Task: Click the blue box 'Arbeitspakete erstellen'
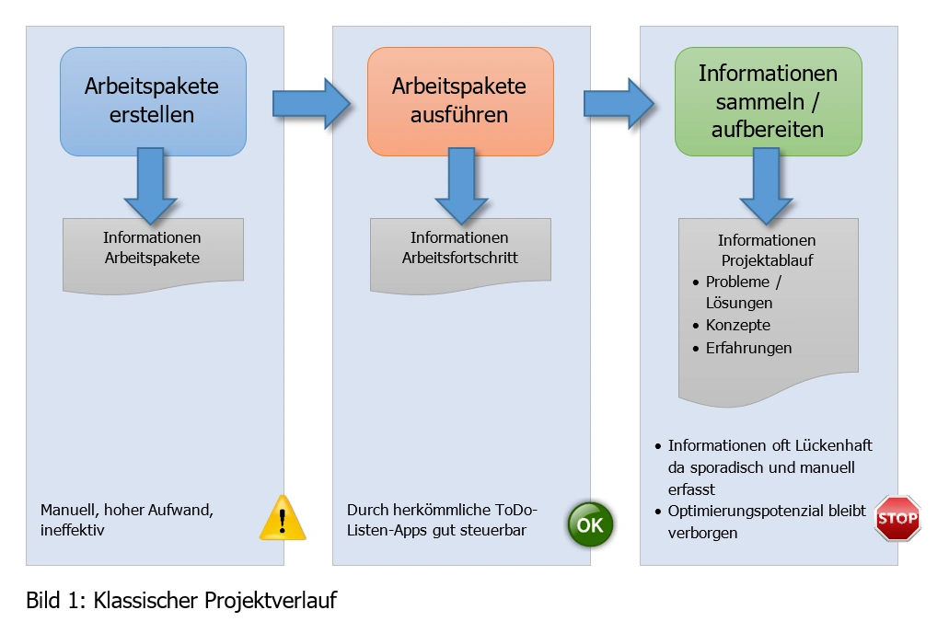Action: pyautogui.click(x=153, y=101)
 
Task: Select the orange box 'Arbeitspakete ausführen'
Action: pyautogui.click(x=460, y=101)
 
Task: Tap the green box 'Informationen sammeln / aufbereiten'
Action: pyautogui.click(x=768, y=101)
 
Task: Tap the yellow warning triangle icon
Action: pyautogui.click(x=283, y=517)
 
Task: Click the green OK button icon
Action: pyautogui.click(x=589, y=525)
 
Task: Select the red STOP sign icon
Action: pyautogui.click(x=897, y=518)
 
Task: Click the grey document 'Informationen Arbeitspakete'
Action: pyautogui.click(x=153, y=250)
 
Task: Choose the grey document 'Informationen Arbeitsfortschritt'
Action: pyautogui.click(x=460, y=250)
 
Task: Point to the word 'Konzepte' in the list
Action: pyautogui.click(x=738, y=326)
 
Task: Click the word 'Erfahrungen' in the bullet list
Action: pyautogui.click(x=748, y=348)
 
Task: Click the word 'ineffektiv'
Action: pyautogui.click(x=75, y=531)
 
